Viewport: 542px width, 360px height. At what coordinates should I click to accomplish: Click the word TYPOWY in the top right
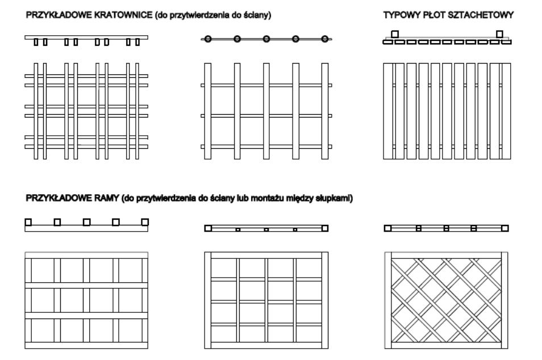[x=401, y=16]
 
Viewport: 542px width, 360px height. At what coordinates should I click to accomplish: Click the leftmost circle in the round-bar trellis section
[x=208, y=39]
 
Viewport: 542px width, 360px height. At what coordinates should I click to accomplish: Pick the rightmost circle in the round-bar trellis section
[x=325, y=39]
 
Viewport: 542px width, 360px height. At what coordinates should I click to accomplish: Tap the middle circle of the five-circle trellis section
[x=266, y=39]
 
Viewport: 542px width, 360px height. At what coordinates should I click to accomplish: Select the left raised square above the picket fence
[x=395, y=34]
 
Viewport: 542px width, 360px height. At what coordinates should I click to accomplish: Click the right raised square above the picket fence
[x=499, y=34]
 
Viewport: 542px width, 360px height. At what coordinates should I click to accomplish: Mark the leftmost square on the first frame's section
[x=28, y=222]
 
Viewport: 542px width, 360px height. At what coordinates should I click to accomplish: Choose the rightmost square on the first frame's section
[x=145, y=222]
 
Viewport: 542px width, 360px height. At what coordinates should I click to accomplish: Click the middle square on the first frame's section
[x=86, y=222]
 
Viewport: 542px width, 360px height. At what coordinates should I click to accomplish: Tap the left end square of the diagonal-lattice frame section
[x=387, y=228]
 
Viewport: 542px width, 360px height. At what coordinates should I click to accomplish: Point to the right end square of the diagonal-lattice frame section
[x=505, y=228]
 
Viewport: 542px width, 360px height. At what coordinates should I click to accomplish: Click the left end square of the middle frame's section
[x=208, y=228]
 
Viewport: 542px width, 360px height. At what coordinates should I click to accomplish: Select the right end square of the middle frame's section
[x=325, y=228]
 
